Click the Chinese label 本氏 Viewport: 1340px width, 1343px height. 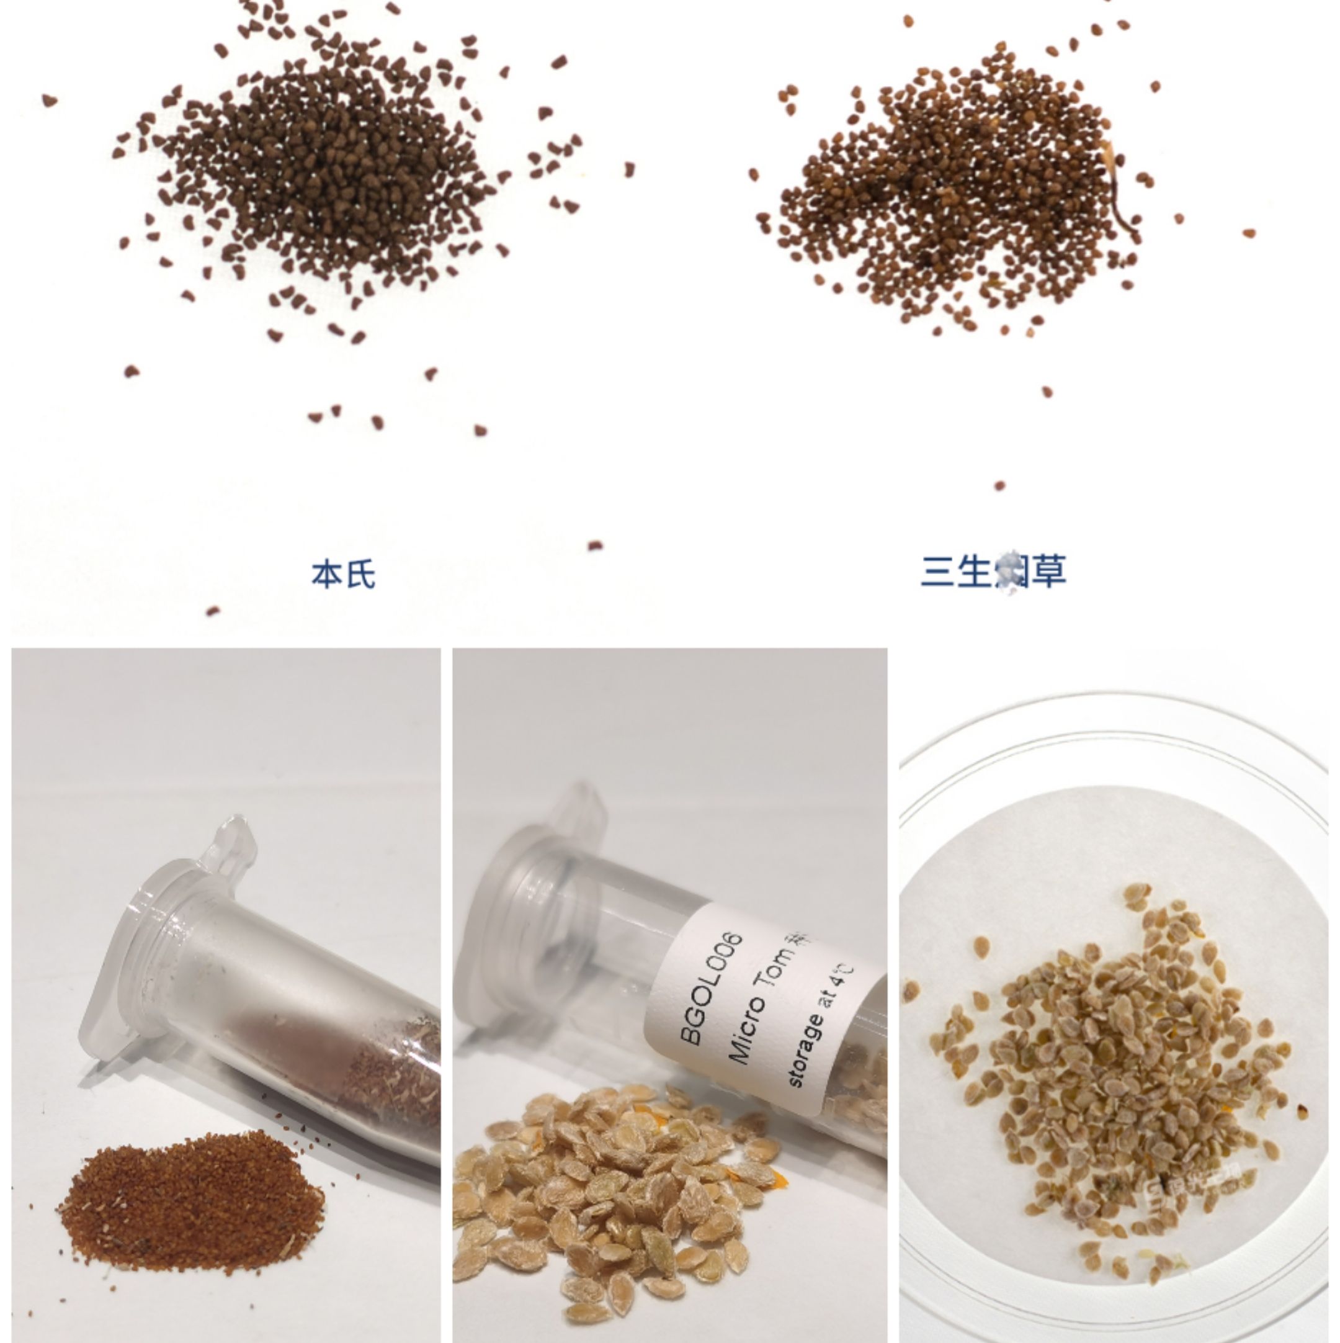pyautogui.click(x=342, y=574)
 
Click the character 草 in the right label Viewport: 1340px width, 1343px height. pyautogui.click(x=1048, y=572)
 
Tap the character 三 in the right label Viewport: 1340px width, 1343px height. pyautogui.click(x=937, y=572)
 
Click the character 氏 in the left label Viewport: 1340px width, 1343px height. pyautogui.click(x=360, y=574)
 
